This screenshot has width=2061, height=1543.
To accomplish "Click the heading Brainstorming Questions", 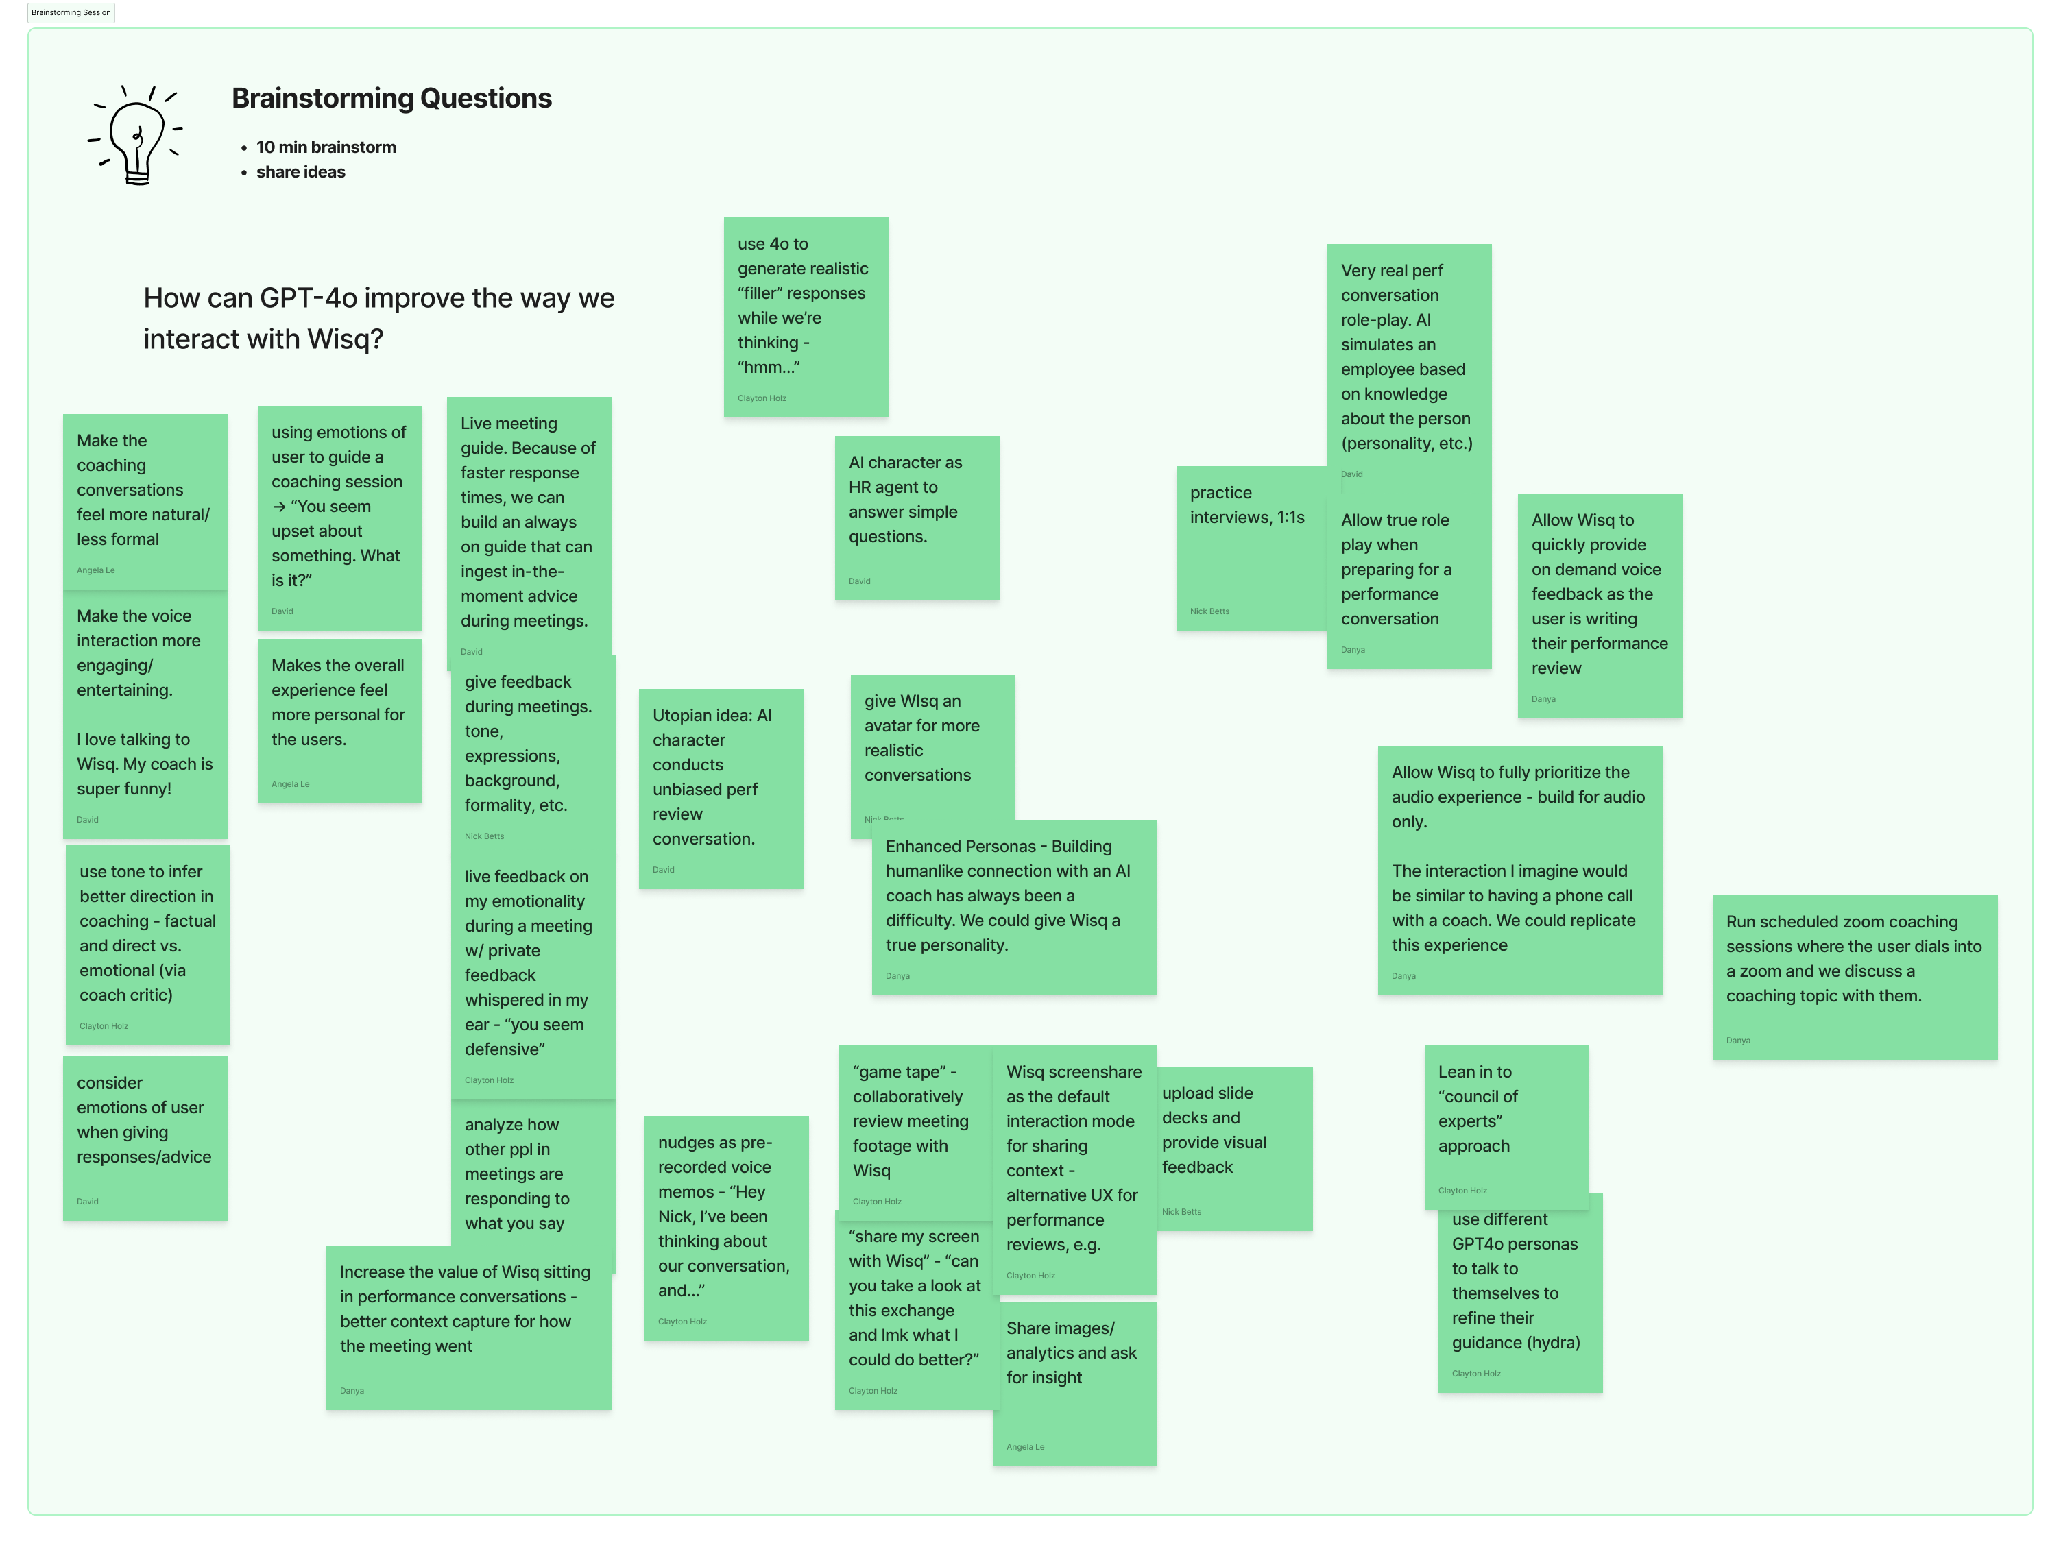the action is pyautogui.click(x=391, y=98).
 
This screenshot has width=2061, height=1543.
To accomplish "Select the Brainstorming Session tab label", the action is pyautogui.click(x=71, y=12).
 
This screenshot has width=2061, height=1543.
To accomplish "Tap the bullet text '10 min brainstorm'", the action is pyautogui.click(x=326, y=147).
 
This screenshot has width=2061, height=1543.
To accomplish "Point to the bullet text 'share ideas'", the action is pyautogui.click(x=300, y=172).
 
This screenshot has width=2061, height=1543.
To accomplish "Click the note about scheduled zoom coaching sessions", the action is pyautogui.click(x=1854, y=977).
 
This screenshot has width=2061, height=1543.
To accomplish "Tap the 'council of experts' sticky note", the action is pyautogui.click(x=1505, y=1123).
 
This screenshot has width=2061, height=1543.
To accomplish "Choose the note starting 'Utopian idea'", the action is pyautogui.click(x=720, y=788).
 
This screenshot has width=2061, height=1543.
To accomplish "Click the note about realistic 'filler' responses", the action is pyautogui.click(x=805, y=317).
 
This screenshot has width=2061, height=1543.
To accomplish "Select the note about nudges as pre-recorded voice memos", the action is pyautogui.click(x=726, y=1227).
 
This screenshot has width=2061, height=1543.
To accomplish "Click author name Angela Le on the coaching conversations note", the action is pyautogui.click(x=96, y=570).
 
